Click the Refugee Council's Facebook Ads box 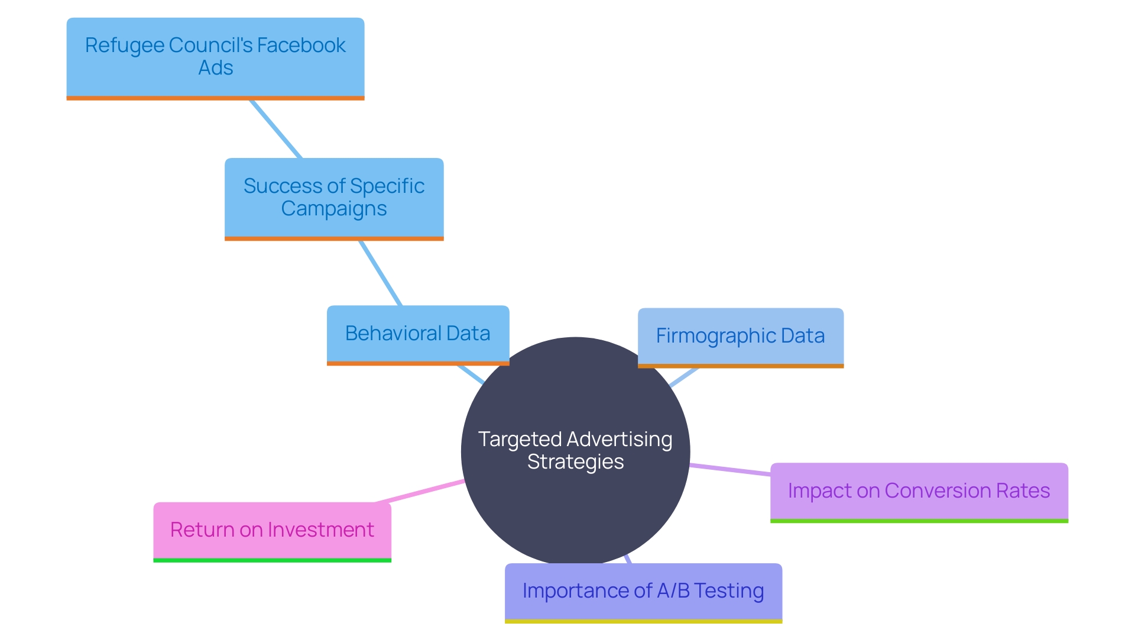coord(215,58)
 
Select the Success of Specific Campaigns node coord(334,198)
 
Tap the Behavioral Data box coord(418,334)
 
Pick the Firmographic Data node coord(740,337)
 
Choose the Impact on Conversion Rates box coord(919,492)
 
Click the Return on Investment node coord(272,531)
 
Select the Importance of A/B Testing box coord(643,592)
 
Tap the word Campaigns coord(334,209)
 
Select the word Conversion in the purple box coord(938,491)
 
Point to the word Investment coord(321,530)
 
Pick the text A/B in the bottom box coord(673,590)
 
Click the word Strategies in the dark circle coord(575,462)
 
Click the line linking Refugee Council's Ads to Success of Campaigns coord(275,129)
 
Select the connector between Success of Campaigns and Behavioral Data coord(381,273)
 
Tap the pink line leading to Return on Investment coord(420,492)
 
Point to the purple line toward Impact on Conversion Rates coord(730,469)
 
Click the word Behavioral coord(393,334)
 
